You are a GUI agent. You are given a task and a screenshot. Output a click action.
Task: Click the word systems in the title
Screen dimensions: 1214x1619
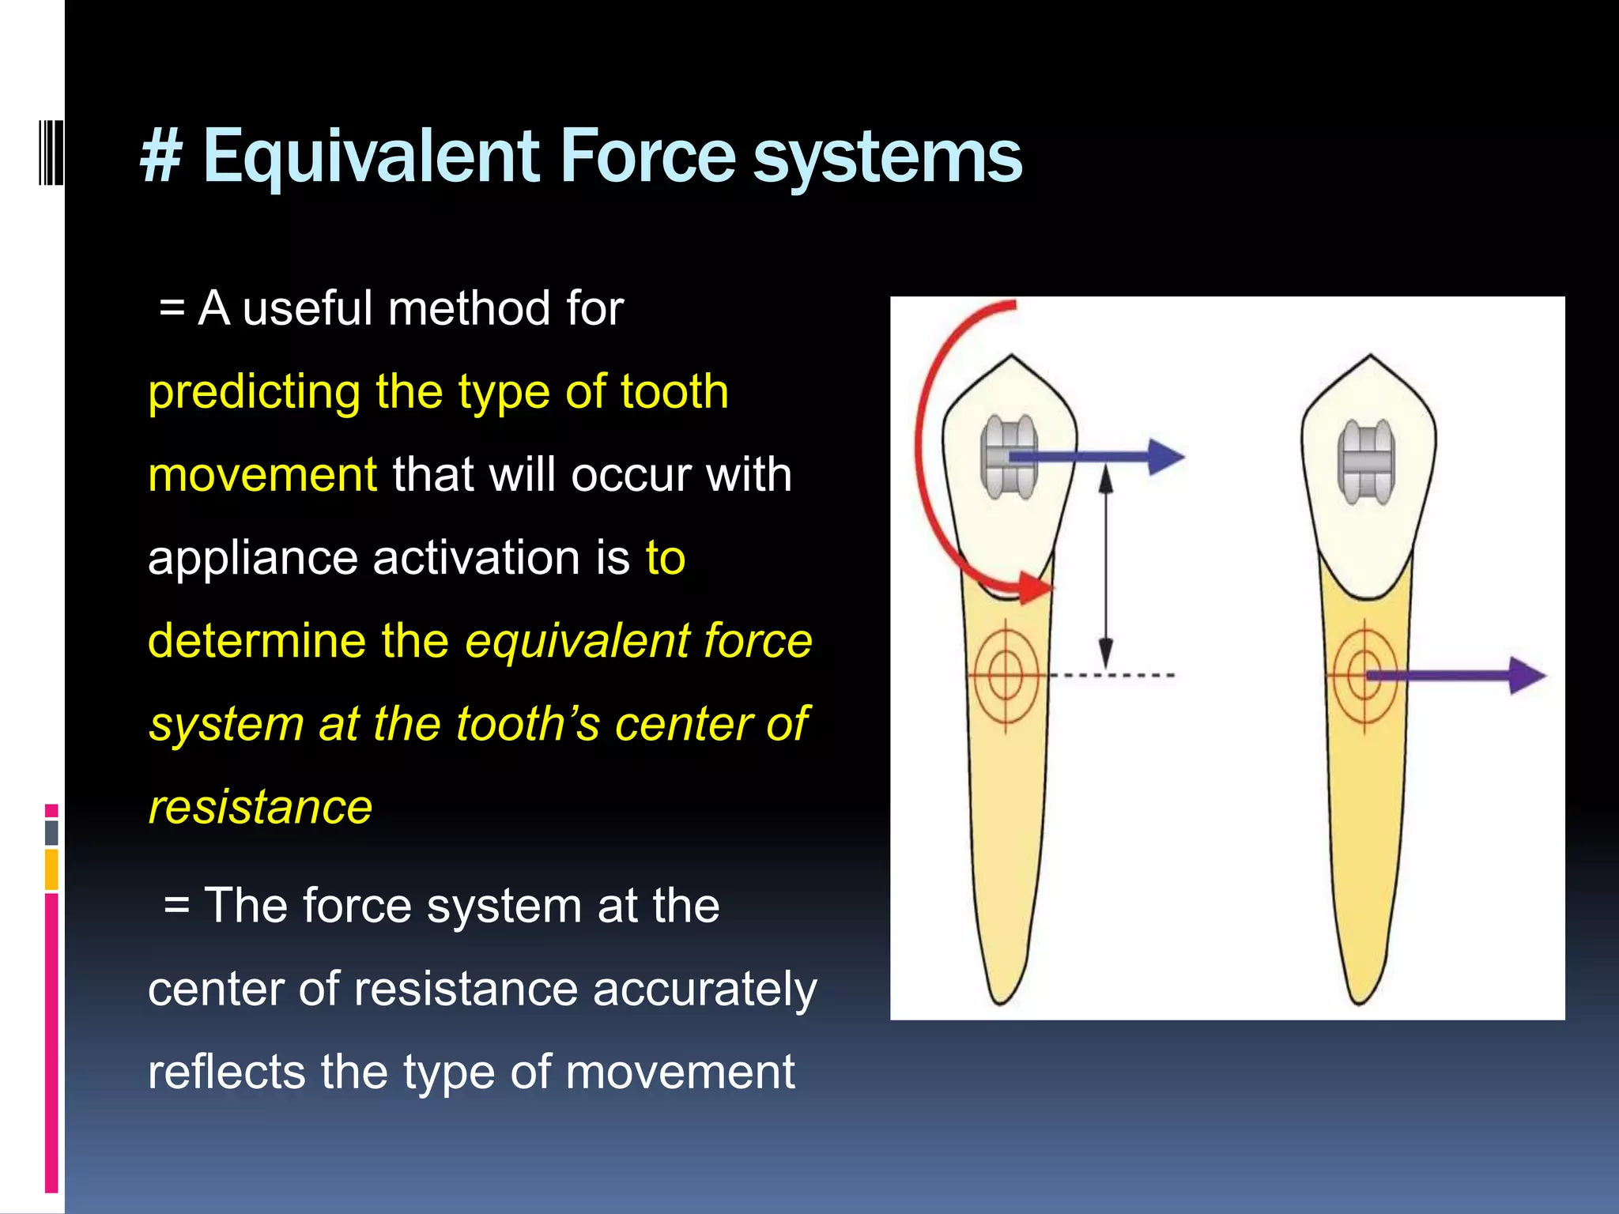[x=887, y=156]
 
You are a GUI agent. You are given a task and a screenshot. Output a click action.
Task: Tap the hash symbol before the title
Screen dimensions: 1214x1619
[x=162, y=156]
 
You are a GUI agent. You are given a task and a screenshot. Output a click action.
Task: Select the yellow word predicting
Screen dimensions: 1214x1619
[x=254, y=392]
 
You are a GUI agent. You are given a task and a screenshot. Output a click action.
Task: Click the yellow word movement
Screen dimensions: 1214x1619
[x=262, y=475]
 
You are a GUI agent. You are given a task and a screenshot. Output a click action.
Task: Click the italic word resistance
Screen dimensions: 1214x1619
[x=260, y=808]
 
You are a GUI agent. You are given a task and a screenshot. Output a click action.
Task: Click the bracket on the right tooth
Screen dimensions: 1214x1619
[x=1366, y=462]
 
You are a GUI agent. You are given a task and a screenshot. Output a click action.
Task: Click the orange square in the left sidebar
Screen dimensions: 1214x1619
[x=51, y=869]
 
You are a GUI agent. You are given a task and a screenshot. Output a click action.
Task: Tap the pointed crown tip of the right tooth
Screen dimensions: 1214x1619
[x=1370, y=358]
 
